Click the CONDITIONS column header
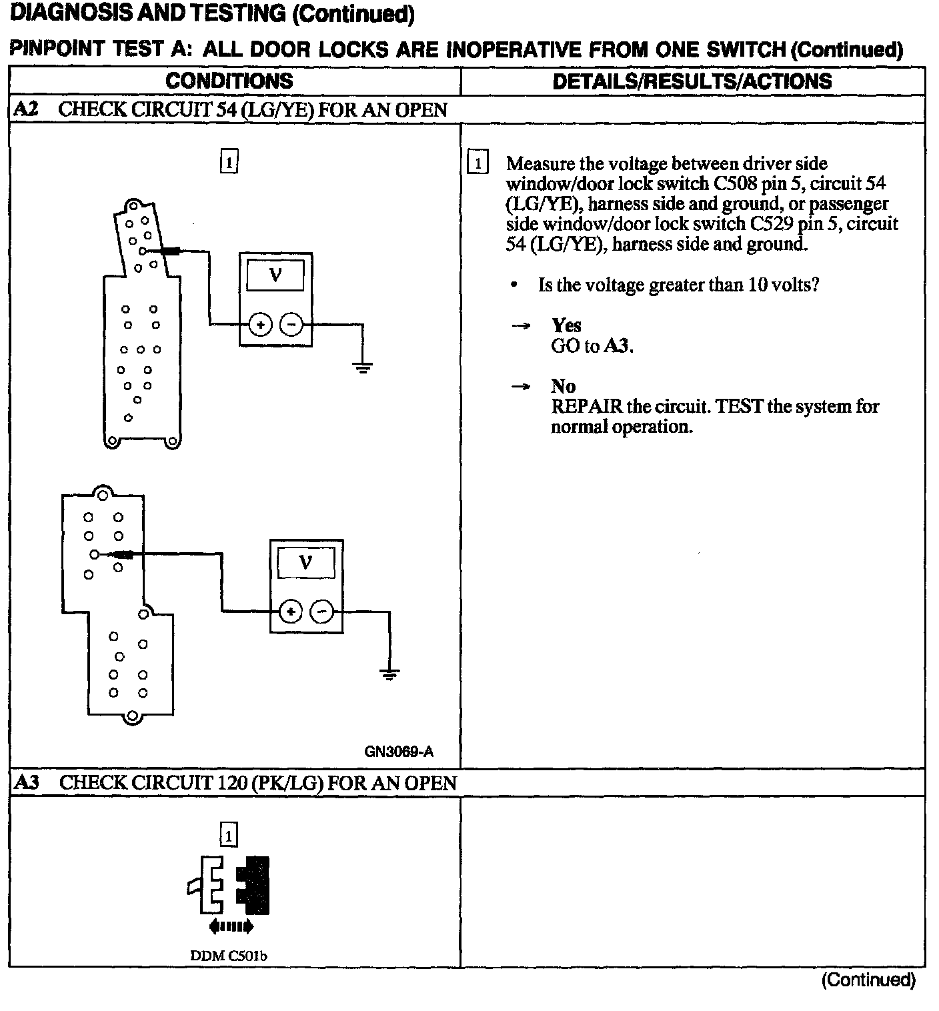click(229, 81)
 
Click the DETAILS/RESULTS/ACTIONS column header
click(692, 81)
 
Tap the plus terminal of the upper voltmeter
click(259, 325)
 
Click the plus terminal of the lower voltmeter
click(289, 611)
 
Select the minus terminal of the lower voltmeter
click(321, 611)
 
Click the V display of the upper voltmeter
click(275, 275)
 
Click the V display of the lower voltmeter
click(305, 562)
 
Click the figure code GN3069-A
click(399, 752)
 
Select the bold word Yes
click(566, 325)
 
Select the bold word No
click(563, 386)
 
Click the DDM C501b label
click(229, 956)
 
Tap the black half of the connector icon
click(256, 884)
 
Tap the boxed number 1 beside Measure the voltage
click(478, 163)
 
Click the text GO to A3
click(592, 346)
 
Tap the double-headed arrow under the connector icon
click(231, 926)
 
